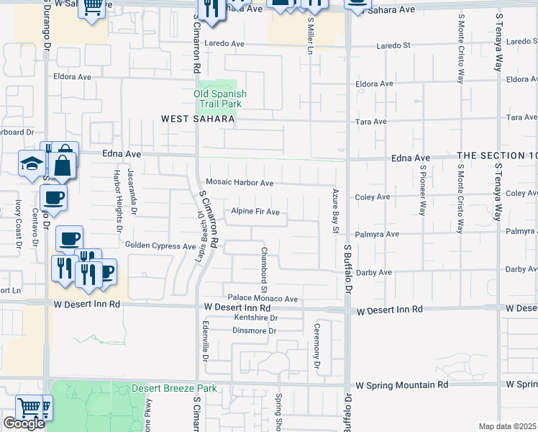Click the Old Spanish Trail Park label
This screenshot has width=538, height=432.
(x=220, y=99)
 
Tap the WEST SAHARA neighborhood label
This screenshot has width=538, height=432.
(x=198, y=120)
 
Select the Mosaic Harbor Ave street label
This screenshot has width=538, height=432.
(x=240, y=183)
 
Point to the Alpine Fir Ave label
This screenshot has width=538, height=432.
(x=255, y=212)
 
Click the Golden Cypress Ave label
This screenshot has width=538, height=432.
(x=160, y=246)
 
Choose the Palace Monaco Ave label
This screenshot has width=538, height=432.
(x=263, y=298)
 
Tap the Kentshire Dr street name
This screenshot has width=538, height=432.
(x=255, y=318)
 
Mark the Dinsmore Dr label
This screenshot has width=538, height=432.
(x=254, y=330)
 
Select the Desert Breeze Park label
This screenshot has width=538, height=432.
(x=174, y=389)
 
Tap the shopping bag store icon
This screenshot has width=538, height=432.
(x=64, y=166)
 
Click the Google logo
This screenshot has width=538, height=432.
(x=24, y=423)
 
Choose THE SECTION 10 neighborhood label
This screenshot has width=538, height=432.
(x=497, y=156)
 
